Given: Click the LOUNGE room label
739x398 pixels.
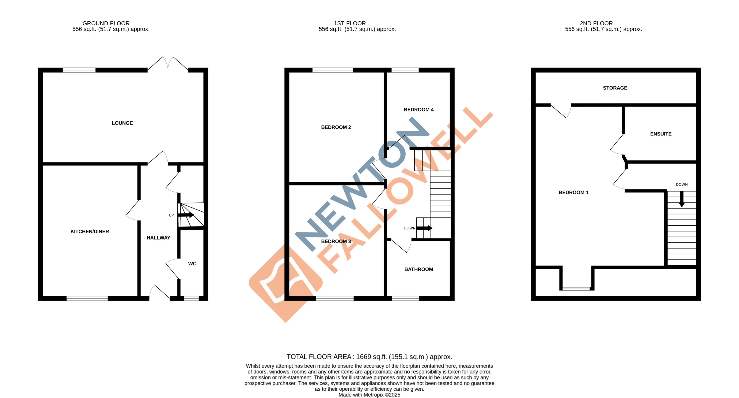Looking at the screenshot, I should click(x=122, y=123).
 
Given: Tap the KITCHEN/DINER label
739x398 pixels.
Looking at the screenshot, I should click(x=90, y=231).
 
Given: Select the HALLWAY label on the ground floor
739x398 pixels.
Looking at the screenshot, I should click(x=158, y=238).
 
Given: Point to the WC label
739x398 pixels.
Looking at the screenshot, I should click(x=192, y=264).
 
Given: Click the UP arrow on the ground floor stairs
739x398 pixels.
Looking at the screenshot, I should click(x=186, y=215).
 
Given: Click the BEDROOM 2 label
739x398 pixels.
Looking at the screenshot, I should click(x=336, y=127).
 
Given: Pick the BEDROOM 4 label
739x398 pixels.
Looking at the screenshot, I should click(x=418, y=110).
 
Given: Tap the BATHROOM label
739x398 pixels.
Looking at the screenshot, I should click(x=418, y=269).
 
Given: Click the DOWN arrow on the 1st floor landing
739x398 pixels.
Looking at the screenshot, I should click(x=424, y=228).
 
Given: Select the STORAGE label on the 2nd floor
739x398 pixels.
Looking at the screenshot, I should click(x=615, y=88).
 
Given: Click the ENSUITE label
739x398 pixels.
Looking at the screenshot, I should click(x=661, y=134).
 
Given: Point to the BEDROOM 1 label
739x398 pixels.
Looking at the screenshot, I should click(x=573, y=192).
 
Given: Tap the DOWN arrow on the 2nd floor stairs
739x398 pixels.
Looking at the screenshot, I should click(x=682, y=199).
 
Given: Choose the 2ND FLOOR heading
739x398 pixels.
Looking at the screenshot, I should click(x=596, y=23).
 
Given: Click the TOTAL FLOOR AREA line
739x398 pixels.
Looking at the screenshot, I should click(x=369, y=357).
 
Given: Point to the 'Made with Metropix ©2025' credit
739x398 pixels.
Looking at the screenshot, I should click(x=369, y=395).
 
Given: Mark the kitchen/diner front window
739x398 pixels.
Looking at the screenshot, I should click(x=87, y=298).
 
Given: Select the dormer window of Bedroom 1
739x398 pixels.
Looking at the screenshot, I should click(x=576, y=289).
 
